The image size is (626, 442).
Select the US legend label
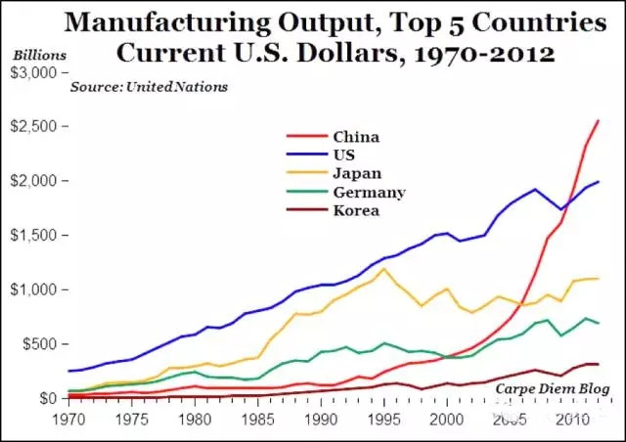point(343,155)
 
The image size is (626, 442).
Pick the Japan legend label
point(355,174)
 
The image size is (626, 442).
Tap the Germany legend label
point(368,193)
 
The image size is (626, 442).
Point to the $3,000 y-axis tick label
point(34,72)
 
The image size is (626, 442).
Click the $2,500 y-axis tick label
point(34,127)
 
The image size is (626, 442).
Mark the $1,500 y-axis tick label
point(34,236)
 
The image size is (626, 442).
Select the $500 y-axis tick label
point(40,344)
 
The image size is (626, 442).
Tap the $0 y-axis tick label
point(48,398)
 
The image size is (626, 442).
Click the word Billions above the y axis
point(36,57)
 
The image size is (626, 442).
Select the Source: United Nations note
point(149,87)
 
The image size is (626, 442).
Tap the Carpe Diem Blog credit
point(550,388)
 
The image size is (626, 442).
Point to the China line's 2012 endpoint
point(599,120)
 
